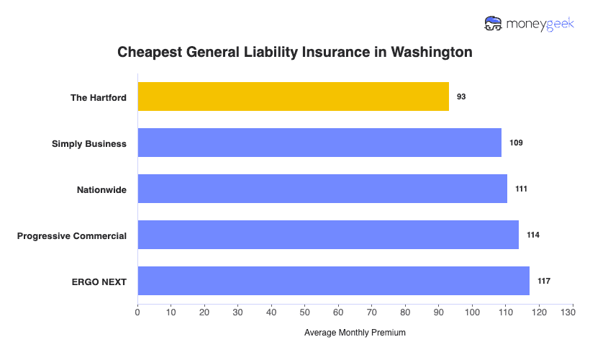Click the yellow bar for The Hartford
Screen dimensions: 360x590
click(293, 96)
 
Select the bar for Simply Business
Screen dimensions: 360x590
click(319, 143)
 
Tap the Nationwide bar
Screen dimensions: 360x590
click(322, 189)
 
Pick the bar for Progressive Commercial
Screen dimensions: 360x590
click(328, 235)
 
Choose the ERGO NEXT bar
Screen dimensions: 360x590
click(333, 281)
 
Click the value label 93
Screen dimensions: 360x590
click(461, 96)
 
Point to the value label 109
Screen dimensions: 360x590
click(516, 143)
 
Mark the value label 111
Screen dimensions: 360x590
click(522, 189)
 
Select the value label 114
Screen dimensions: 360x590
click(533, 235)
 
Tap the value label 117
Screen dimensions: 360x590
click(544, 281)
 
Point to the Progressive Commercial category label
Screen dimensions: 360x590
click(72, 235)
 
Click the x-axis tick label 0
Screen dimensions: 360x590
click(137, 313)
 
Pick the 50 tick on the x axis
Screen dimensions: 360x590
click(305, 313)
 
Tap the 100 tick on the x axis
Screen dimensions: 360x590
click(472, 313)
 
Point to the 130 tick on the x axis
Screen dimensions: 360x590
click(573, 313)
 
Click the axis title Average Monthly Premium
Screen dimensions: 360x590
click(355, 333)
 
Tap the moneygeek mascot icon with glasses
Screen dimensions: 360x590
click(494, 24)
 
